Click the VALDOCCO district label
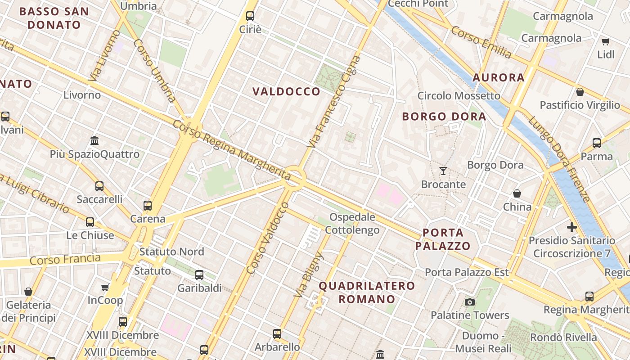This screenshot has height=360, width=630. click(x=286, y=92)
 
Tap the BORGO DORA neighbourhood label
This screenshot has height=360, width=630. click(x=444, y=117)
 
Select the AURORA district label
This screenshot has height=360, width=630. click(x=499, y=77)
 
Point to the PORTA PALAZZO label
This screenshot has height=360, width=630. click(x=443, y=239)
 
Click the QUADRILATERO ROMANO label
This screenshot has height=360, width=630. click(x=367, y=292)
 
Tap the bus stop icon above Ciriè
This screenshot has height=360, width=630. click(x=250, y=16)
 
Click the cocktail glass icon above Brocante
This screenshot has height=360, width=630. click(x=443, y=171)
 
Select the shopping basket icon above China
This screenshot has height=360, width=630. click(x=517, y=193)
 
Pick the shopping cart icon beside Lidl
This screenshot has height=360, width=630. click(x=606, y=41)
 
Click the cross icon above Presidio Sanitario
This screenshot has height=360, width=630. click(x=572, y=227)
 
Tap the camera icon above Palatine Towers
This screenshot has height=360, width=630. click(x=470, y=302)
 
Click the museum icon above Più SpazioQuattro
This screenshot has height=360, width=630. click(x=94, y=141)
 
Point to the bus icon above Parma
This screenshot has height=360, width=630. click(x=597, y=143)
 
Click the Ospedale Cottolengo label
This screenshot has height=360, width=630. click(x=352, y=224)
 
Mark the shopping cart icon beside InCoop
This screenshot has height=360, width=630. click(x=105, y=287)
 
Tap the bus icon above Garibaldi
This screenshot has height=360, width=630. click(x=199, y=274)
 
